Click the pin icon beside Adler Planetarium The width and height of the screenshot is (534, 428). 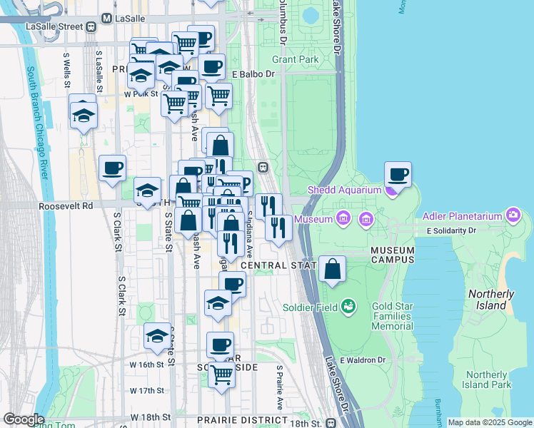(x=512, y=214)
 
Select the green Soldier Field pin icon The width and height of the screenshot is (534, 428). (x=348, y=307)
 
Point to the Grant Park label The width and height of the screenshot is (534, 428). (x=298, y=59)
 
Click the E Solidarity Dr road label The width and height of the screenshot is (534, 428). (x=450, y=231)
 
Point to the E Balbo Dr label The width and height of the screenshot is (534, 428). (x=253, y=74)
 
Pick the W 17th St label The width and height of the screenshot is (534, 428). (x=147, y=390)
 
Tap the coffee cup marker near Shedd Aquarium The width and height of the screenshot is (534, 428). (x=398, y=174)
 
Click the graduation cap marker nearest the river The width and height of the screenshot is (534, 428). (x=84, y=114)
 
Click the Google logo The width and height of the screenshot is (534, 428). (x=24, y=419)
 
